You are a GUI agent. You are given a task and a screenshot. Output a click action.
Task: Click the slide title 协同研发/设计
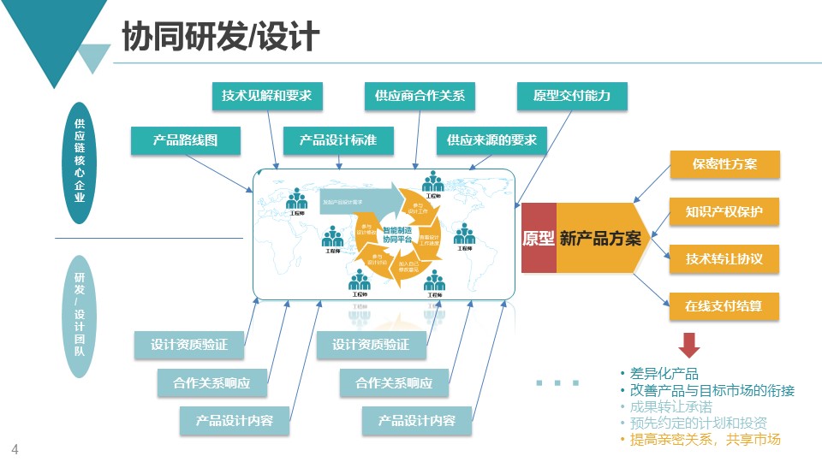(x=221, y=37)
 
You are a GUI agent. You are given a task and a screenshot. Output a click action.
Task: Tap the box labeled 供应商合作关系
(x=420, y=96)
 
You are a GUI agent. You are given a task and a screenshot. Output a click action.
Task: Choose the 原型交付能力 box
(x=572, y=96)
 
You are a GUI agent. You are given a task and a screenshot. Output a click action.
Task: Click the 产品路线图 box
(x=185, y=140)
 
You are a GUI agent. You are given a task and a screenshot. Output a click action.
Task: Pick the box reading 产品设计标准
(x=337, y=140)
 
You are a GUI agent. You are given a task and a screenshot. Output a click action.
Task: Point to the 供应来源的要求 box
(x=491, y=140)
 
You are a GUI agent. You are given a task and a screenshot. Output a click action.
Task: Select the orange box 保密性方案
(x=724, y=164)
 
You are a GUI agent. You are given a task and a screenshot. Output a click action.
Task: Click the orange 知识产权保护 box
(x=724, y=211)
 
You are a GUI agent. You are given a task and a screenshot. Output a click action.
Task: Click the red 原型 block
(x=539, y=239)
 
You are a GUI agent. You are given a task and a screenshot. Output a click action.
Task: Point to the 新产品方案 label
(x=600, y=239)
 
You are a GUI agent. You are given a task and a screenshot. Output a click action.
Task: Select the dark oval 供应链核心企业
(x=79, y=163)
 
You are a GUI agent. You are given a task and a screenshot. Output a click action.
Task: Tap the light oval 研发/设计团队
(x=79, y=314)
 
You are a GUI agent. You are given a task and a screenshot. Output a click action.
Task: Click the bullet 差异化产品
(x=664, y=374)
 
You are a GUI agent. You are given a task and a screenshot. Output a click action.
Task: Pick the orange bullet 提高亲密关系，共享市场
(x=705, y=440)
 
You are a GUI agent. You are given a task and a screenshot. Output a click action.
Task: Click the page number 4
(x=15, y=449)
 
